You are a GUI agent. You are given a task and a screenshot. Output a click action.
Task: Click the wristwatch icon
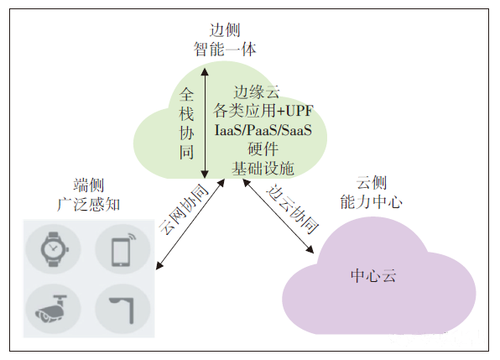(x=55, y=249)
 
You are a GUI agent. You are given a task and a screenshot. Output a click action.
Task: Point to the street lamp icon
(x=122, y=310)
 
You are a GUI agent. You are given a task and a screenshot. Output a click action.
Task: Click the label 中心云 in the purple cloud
(x=373, y=275)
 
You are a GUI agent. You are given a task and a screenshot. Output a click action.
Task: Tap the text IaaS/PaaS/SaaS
(x=263, y=130)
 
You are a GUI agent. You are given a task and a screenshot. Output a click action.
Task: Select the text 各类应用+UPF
(x=263, y=111)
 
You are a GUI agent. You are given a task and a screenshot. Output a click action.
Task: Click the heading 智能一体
(x=225, y=50)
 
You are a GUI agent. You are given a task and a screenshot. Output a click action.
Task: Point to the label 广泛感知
(x=89, y=205)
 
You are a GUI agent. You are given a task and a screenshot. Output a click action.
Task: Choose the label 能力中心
(x=371, y=202)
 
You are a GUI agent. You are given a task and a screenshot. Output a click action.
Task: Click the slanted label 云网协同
(x=183, y=209)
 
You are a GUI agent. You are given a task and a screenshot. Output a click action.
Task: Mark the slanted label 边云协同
(x=293, y=209)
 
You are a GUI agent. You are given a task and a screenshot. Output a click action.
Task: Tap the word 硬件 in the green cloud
(x=263, y=149)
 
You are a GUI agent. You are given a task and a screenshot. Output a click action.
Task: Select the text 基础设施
(x=263, y=168)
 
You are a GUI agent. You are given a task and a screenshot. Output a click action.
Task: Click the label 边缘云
(x=257, y=92)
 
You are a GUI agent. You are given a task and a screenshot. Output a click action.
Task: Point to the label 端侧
(x=89, y=185)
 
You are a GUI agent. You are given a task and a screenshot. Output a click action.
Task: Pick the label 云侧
(x=371, y=183)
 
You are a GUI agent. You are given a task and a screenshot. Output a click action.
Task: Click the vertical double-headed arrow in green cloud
(x=205, y=123)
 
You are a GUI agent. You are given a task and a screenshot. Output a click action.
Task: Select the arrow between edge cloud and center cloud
(x=278, y=217)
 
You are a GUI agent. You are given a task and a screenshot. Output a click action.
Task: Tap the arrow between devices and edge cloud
(x=190, y=224)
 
